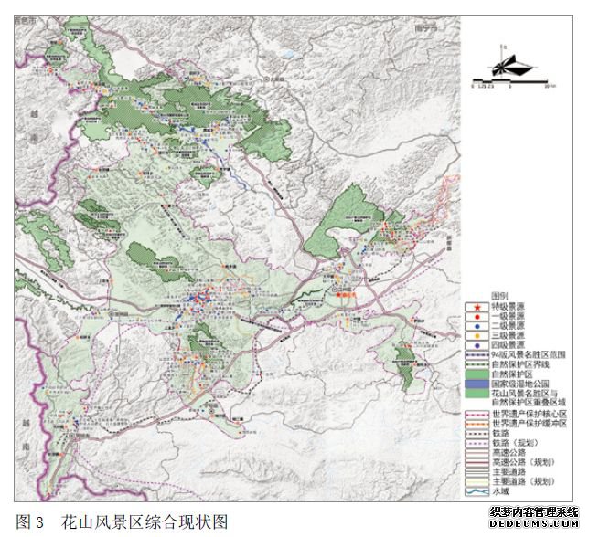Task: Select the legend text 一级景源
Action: (x=509, y=316)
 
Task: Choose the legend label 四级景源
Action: (x=509, y=344)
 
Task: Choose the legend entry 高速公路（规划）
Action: (x=522, y=462)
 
